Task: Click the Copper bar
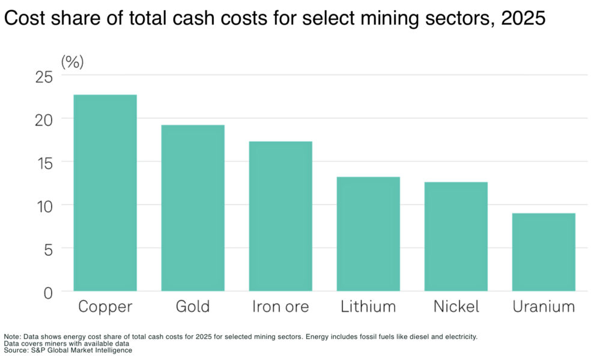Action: click(x=105, y=193)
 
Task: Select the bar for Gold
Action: click(x=193, y=208)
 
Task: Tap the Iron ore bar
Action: click(x=280, y=216)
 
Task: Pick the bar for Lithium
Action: click(x=368, y=234)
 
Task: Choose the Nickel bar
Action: click(x=456, y=236)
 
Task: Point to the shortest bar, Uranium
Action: click(x=544, y=252)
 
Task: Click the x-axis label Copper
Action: click(x=105, y=307)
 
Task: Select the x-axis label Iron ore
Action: click(x=280, y=307)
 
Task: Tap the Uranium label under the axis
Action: click(x=544, y=307)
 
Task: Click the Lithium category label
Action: click(x=368, y=307)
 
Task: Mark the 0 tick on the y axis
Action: click(x=48, y=293)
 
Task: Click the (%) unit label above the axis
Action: click(x=72, y=61)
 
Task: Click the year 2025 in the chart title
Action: click(x=523, y=19)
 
